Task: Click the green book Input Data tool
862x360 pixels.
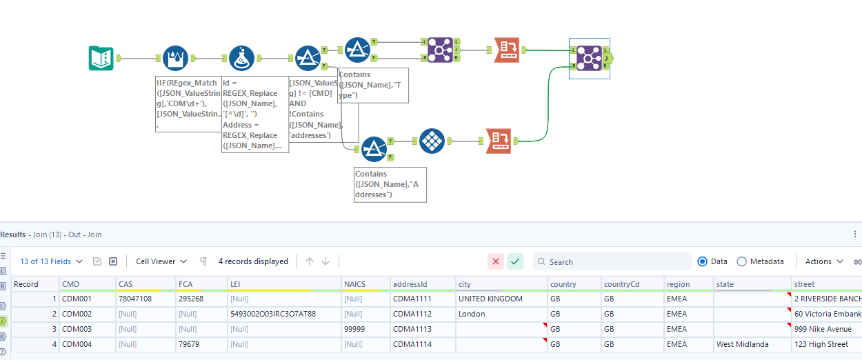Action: [x=101, y=58]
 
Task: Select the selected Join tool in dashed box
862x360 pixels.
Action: [x=589, y=58]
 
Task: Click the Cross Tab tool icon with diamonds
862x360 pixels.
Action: [x=431, y=141]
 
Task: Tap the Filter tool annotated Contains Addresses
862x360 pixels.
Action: [x=374, y=148]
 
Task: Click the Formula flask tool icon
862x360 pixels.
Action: [x=241, y=59]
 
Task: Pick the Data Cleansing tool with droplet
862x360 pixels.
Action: [x=175, y=59]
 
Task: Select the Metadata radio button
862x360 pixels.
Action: [x=742, y=261]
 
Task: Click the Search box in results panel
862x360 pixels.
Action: [x=614, y=261]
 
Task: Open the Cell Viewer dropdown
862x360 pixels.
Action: [x=161, y=261]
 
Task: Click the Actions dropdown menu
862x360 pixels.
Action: [x=824, y=261]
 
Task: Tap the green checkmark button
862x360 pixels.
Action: [x=515, y=261]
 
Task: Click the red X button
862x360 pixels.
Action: [x=496, y=261]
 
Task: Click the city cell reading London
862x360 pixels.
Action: [x=472, y=314]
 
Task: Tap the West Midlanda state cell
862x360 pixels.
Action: [x=743, y=344]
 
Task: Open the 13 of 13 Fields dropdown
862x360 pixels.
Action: [x=52, y=261]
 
